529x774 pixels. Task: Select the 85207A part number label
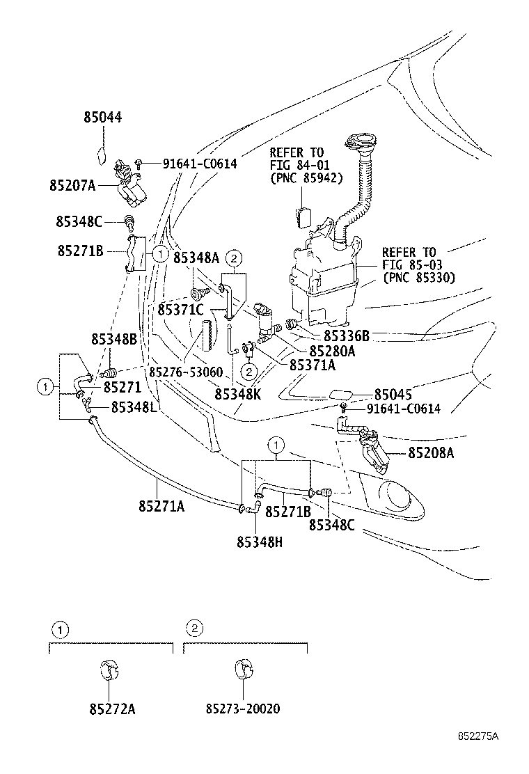click(x=73, y=186)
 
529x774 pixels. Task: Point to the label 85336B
click(x=346, y=335)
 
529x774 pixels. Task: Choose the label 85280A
click(x=332, y=352)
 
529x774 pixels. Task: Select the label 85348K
click(x=237, y=394)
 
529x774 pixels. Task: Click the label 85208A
click(x=430, y=453)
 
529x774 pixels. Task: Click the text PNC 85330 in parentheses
click(x=418, y=277)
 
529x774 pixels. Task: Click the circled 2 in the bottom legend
click(x=196, y=629)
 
